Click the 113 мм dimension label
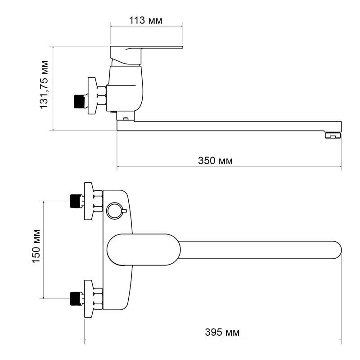(x=146, y=20)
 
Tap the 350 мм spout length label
(x=216, y=160)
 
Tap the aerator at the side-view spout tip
(x=333, y=135)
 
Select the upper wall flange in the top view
(x=89, y=201)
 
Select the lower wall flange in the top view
(x=89, y=297)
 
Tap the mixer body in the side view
(x=127, y=88)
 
